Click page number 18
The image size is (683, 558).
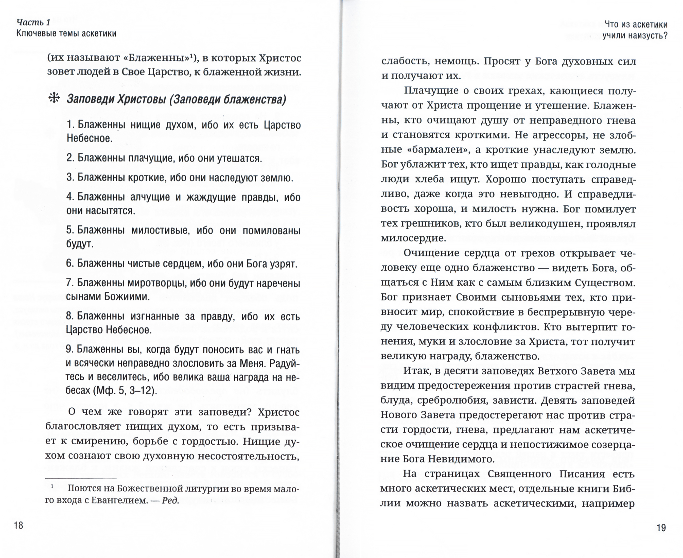(19, 525)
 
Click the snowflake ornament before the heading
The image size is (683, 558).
(54, 98)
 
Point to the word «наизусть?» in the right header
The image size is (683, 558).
(648, 35)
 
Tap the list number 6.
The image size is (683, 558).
(70, 263)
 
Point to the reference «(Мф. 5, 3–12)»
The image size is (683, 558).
(125, 391)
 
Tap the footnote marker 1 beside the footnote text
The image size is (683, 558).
(52, 487)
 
